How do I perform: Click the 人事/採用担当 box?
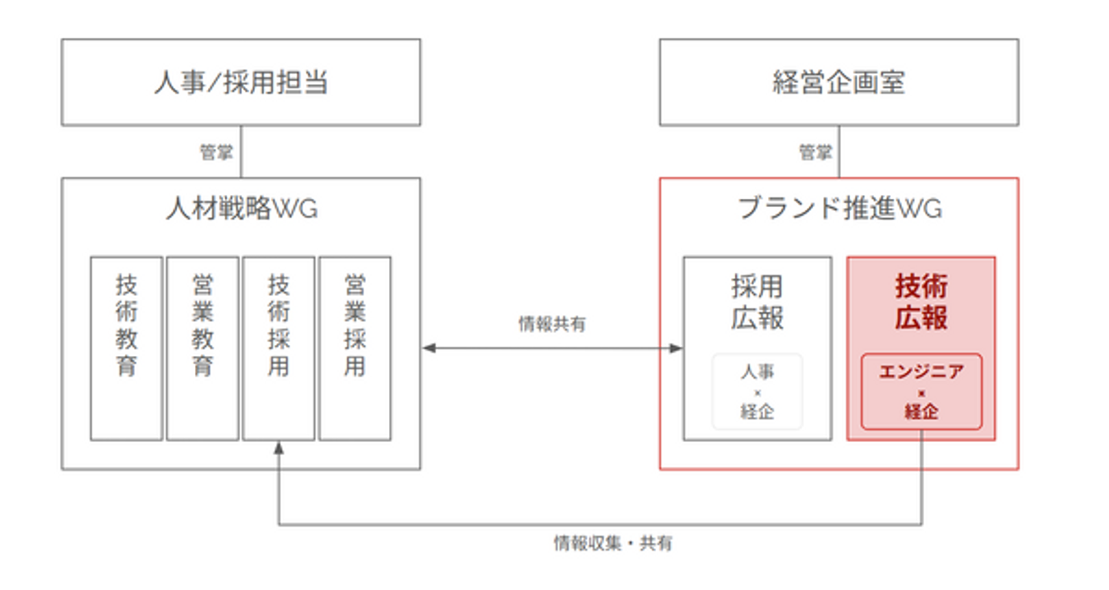(240, 82)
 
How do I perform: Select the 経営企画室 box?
(839, 82)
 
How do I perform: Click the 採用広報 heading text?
(757, 302)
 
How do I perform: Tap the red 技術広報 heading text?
(921, 302)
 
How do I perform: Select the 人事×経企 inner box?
(757, 391)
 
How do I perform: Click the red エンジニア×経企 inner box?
(921, 391)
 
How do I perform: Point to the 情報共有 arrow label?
(552, 324)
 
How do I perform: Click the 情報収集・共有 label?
(612, 543)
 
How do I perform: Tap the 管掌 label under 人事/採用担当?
(216, 153)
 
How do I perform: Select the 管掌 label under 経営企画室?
(815, 153)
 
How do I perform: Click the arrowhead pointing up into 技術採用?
(279, 447)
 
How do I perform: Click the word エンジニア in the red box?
(921, 372)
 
